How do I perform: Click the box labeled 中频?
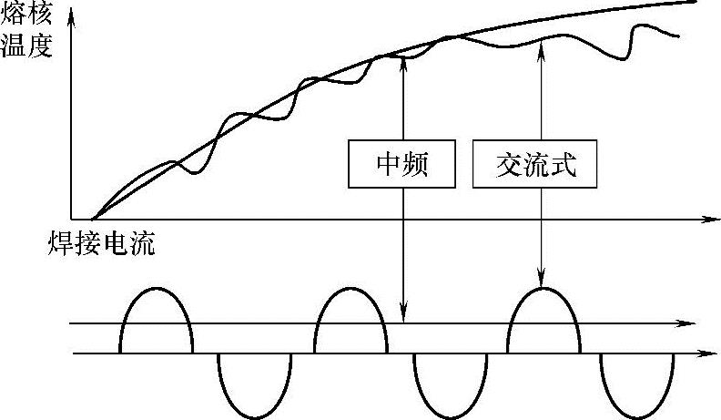401,164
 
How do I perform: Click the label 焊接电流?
101,243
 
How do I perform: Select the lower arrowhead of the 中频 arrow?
401,318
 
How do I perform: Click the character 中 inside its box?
388,164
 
